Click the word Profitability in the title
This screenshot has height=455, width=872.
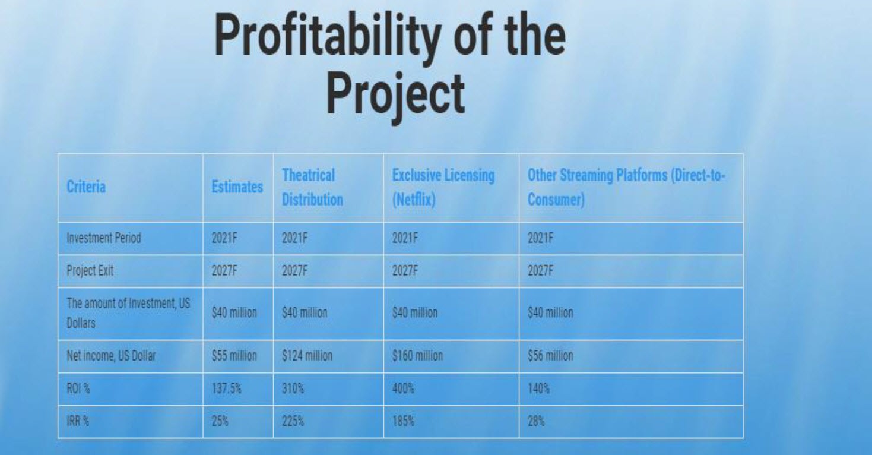click(x=328, y=38)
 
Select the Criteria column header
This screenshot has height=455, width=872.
click(x=86, y=187)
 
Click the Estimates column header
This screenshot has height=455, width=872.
click(x=237, y=187)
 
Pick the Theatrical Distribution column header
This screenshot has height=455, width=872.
click(x=312, y=187)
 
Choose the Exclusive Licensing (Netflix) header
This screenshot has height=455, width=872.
click(x=443, y=187)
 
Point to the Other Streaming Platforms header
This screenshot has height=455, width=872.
click(x=626, y=187)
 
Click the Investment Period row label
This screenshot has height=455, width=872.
click(x=104, y=238)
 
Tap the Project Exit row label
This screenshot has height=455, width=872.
click(x=90, y=271)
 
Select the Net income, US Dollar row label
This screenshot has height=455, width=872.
click(x=111, y=356)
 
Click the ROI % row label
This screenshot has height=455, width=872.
click(x=78, y=388)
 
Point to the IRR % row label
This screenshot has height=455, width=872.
click(x=78, y=421)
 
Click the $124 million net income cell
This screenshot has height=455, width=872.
click(x=307, y=356)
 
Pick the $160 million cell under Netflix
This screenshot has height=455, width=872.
click(x=417, y=356)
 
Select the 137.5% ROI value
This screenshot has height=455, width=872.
click(x=226, y=388)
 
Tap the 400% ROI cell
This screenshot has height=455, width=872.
click(x=403, y=388)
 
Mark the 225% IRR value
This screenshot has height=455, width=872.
click(x=293, y=421)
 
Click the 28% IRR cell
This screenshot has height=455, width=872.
click(x=536, y=421)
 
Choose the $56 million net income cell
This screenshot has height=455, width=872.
click(x=550, y=356)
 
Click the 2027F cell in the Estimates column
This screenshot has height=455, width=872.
click(x=224, y=271)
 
